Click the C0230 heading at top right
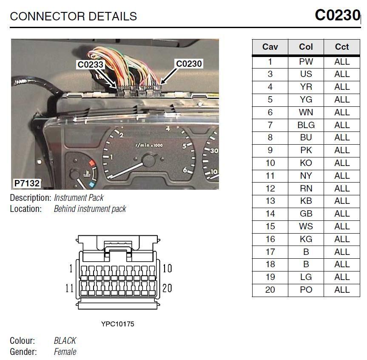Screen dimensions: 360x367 [x=337, y=15]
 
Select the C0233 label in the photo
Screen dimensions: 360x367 [x=90, y=65]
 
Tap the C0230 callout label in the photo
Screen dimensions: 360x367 [x=189, y=64]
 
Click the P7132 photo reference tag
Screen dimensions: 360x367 [x=27, y=183]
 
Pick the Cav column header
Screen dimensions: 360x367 [x=270, y=47]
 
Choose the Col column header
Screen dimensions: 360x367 [x=306, y=47]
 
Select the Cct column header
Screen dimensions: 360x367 [x=341, y=47]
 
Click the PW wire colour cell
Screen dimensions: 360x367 [x=306, y=62]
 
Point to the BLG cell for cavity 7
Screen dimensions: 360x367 [x=306, y=125]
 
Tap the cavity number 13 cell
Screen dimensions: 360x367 [x=270, y=201]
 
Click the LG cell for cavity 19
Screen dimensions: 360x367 [x=306, y=277]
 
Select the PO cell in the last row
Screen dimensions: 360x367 [x=306, y=290]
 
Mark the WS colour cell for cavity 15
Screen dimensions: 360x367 [x=306, y=226]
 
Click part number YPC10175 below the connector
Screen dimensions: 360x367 [x=117, y=324]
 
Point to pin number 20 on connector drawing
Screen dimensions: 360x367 [x=167, y=288]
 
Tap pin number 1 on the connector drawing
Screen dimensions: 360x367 [x=71, y=269]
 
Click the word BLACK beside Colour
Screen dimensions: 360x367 [x=65, y=341]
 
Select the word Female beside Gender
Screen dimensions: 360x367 [x=65, y=352]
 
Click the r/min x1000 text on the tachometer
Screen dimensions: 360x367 [x=148, y=145]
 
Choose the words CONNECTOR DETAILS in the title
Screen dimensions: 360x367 [x=73, y=17]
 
